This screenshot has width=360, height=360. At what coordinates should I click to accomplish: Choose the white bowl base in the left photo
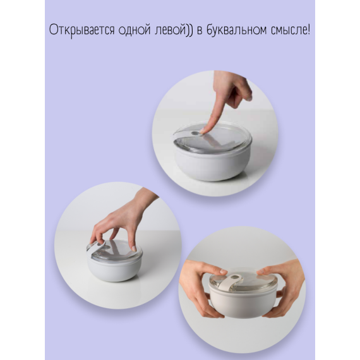tap(114, 268)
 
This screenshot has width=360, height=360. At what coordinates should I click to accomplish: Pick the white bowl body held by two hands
tap(243, 306)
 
